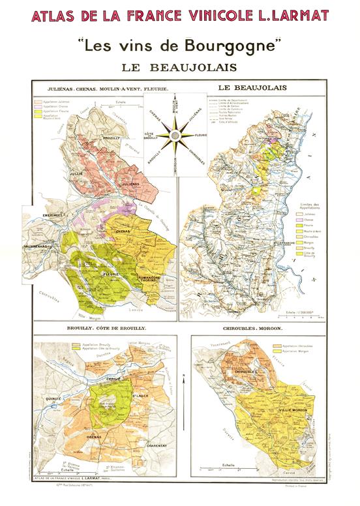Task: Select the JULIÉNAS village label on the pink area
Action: pyautogui.click(x=130, y=185)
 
